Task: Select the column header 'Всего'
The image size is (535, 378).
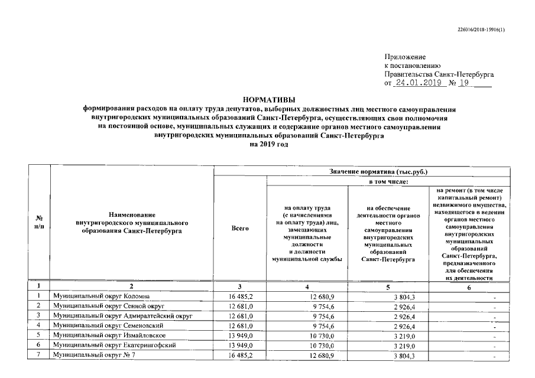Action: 240,228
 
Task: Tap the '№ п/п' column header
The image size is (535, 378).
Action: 39,222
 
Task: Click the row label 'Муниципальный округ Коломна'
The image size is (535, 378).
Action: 100,296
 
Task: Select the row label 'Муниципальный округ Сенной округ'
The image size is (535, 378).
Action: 108,307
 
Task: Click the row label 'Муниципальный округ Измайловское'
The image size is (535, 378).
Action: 111,335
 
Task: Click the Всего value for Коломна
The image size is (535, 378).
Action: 241,296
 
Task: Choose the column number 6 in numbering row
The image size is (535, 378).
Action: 469,287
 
